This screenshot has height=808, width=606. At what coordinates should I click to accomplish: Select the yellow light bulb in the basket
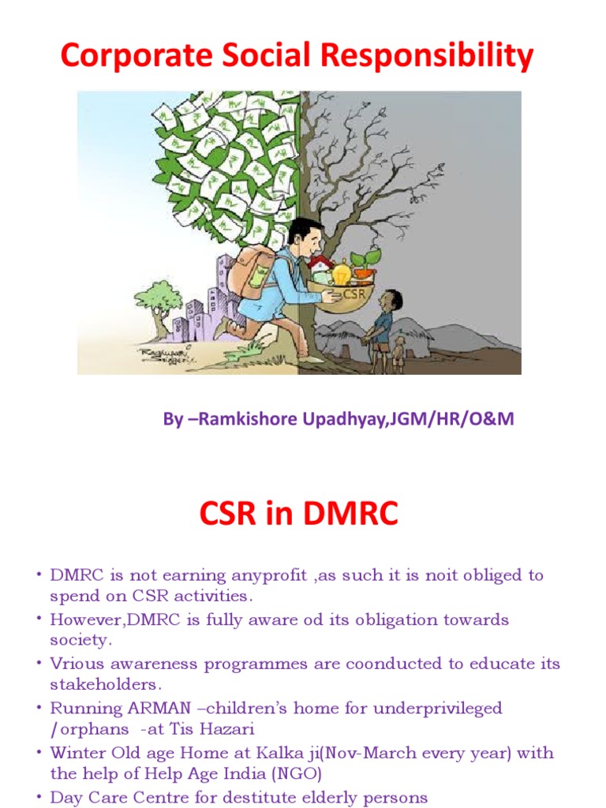341,274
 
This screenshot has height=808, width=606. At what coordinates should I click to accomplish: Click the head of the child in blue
391,301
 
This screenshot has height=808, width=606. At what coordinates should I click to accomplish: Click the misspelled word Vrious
72,664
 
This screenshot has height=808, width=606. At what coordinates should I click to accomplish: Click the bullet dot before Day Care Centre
37,797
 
